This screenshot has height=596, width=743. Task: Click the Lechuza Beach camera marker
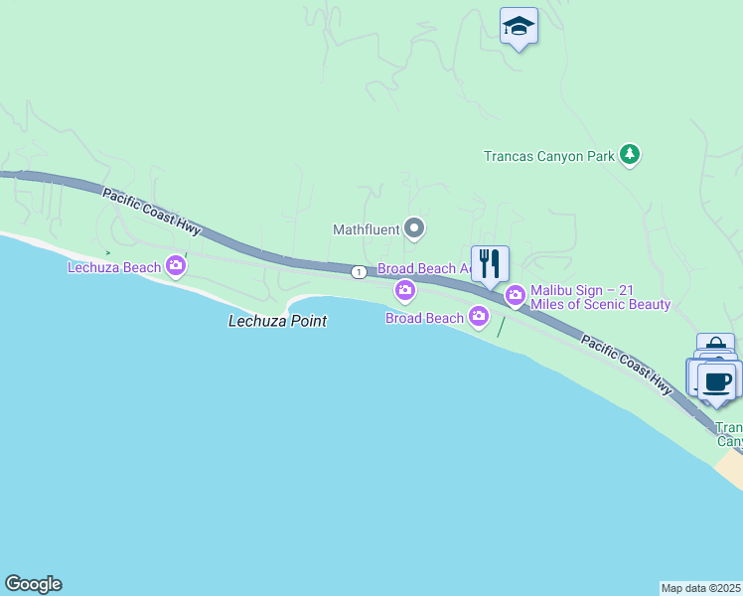coord(176,265)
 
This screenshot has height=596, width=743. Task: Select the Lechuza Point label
coord(277,321)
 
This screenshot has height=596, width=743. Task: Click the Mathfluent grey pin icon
coord(415,229)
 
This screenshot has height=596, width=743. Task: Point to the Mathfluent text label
coord(366,229)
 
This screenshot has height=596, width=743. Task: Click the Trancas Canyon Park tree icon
coord(629,154)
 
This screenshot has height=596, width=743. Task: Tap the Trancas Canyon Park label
coord(549,156)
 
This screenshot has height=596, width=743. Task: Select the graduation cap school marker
coord(519,26)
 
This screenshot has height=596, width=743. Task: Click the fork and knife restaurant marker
coord(490,264)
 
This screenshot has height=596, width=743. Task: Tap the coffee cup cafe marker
coord(717,380)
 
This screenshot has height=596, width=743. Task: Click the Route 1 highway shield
coord(357,272)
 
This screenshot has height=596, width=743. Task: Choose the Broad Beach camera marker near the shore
coord(479,317)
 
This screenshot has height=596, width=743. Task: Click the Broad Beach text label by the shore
coord(424,318)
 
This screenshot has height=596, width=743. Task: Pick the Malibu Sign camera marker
coord(516,295)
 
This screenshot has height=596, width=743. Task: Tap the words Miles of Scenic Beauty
coord(601,304)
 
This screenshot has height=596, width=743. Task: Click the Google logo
coord(33,584)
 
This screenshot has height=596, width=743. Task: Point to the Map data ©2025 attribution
coord(700,588)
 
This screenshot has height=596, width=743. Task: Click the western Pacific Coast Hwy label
coord(151,212)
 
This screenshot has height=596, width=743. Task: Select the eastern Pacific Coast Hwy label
coord(627,366)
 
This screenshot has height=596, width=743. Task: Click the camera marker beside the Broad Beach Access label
coord(404,290)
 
